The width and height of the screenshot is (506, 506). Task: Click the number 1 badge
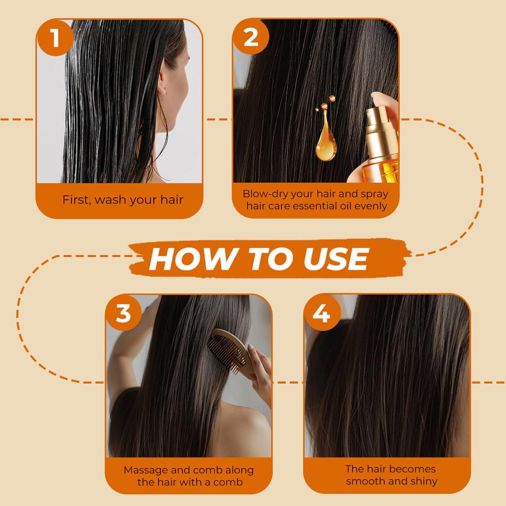pyautogui.click(x=55, y=38)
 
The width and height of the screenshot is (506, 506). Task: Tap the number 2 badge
pyautogui.click(x=251, y=38)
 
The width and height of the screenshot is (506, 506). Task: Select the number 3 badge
pyautogui.click(x=124, y=313)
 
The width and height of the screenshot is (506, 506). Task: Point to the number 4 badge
pyautogui.click(x=322, y=313)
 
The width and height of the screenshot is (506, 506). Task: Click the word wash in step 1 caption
pyautogui.click(x=111, y=200)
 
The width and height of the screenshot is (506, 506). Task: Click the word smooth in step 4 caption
pyautogui.click(x=365, y=481)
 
